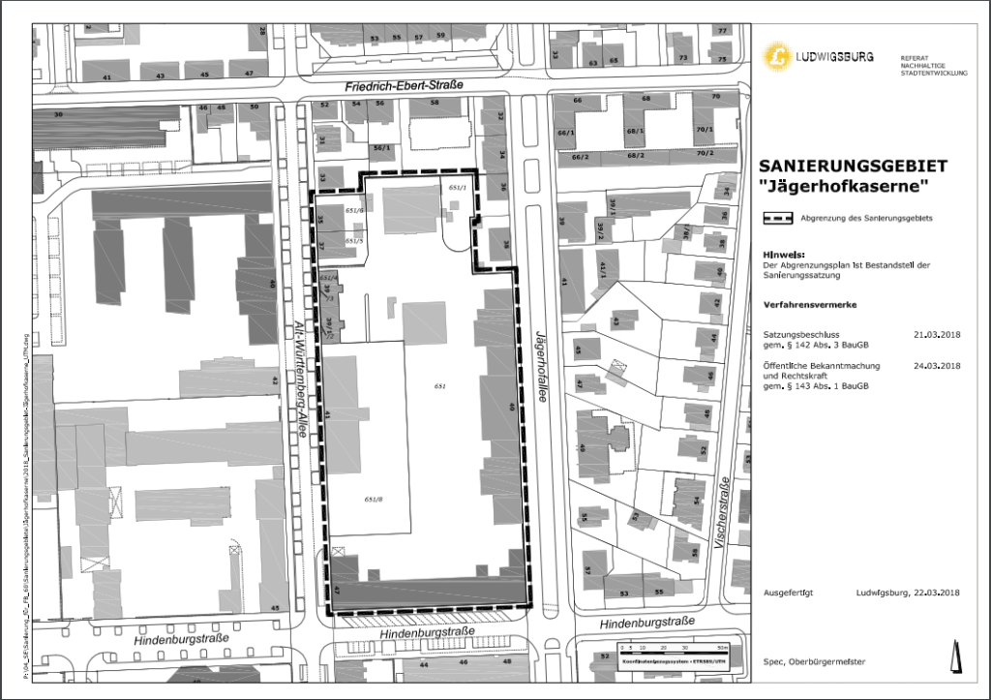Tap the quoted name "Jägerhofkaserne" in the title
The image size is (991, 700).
pos(844,186)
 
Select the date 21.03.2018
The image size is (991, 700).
pos(936,334)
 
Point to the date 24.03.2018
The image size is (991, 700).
pos(936,366)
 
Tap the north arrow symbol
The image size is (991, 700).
pos(958,655)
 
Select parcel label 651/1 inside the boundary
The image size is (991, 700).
pos(458,187)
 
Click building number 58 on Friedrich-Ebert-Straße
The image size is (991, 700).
pos(433,102)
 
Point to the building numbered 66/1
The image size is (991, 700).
pos(579,132)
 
